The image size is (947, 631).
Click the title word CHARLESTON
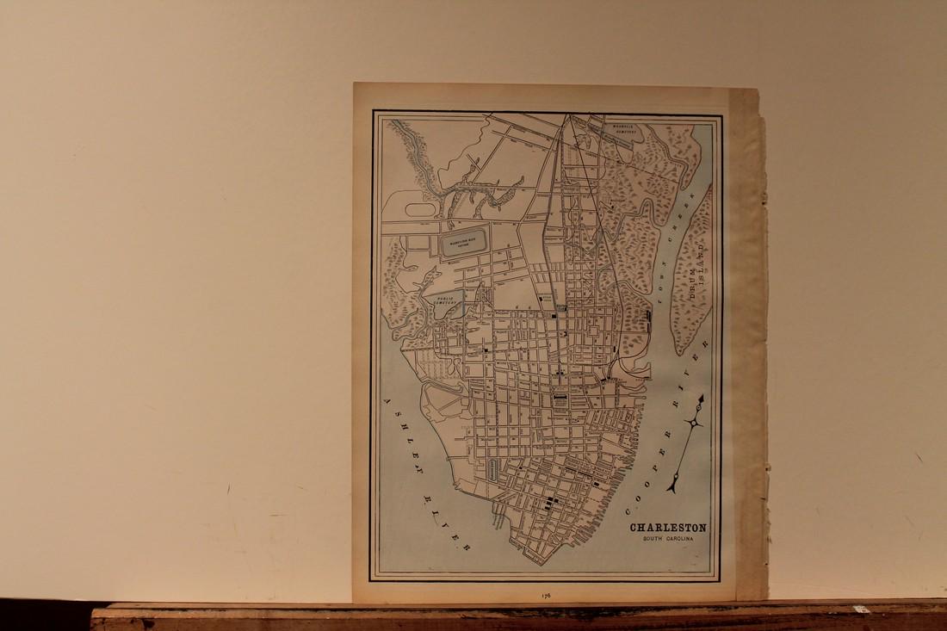coord(667,528)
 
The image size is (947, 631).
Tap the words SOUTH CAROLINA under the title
coord(667,539)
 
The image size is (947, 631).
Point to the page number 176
coord(546,593)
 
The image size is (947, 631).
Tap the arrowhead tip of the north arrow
coord(703,398)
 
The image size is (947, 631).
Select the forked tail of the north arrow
coord(672,487)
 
